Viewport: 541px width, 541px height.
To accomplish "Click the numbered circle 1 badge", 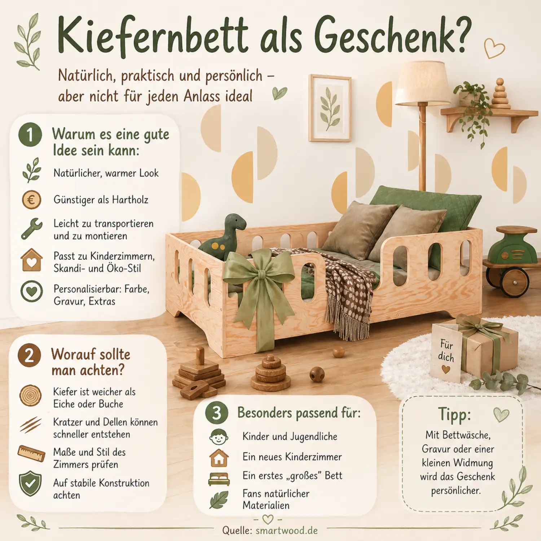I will (30, 135).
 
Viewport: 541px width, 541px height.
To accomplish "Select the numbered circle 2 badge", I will (29, 355).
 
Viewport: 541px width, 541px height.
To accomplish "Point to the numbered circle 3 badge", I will (216, 413).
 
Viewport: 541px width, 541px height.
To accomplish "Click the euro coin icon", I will (31, 200).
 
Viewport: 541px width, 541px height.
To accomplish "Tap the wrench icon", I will (32, 229).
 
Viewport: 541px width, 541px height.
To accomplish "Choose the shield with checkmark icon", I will (30, 484).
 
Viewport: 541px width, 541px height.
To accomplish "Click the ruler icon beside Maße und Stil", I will (31, 453).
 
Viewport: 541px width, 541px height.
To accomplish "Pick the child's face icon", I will (219, 437).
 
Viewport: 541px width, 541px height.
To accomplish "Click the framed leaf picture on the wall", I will (330, 108).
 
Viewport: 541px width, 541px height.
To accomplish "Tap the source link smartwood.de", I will (287, 531).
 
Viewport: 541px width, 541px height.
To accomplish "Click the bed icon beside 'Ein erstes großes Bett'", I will (219, 479).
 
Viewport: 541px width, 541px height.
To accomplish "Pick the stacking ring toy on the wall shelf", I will (500, 94).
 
